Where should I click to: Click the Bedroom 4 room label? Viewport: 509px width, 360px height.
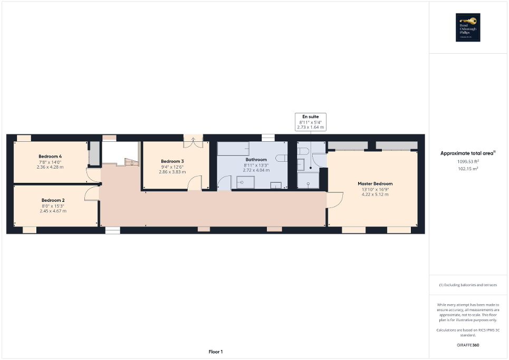(50, 157)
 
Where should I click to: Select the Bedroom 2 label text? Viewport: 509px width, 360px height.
(53, 200)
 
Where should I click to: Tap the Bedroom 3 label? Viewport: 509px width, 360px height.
(172, 161)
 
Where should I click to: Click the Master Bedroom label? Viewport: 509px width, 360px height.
(375, 184)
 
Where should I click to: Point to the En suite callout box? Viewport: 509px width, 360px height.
(310, 122)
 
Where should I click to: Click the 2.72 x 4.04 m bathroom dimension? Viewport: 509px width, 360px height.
(256, 170)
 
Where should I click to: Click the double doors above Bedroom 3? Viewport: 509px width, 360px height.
(193, 141)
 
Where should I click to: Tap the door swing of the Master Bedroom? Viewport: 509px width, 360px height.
(334, 200)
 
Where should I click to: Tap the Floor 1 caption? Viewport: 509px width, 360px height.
(215, 352)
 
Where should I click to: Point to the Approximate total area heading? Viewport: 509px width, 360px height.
(468, 153)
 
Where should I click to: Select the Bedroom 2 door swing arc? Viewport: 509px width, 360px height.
(91, 193)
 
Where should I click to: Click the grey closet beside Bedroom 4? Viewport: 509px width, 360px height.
(93, 153)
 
